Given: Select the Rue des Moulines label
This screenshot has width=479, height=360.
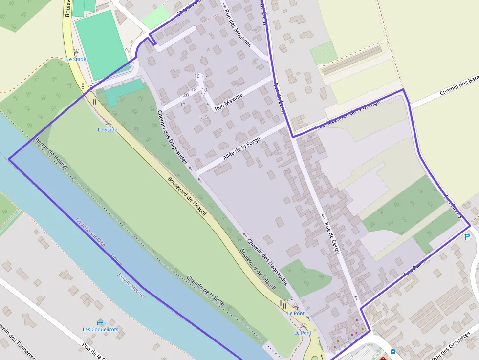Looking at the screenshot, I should pyautogui.click(x=238, y=28).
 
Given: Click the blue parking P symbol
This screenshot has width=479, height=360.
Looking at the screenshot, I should pyautogui.click(x=467, y=237).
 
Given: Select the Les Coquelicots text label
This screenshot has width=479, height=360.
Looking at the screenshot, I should pyautogui.click(x=100, y=329).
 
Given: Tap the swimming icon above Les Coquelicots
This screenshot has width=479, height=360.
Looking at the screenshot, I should pyautogui.click(x=101, y=322).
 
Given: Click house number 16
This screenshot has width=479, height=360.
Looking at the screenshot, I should pyautogui.click(x=197, y=76).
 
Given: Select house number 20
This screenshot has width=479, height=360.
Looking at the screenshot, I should pyautogui.click(x=186, y=95).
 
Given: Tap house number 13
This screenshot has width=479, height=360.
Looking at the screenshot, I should pyautogui.click(x=183, y=105).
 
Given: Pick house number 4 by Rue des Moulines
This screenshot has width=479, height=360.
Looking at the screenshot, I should pyautogui.click(x=267, y=64).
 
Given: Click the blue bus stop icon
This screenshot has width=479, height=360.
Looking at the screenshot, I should pyautogui.click(x=393, y=351).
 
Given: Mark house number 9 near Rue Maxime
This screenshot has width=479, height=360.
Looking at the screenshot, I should pyautogui.click(x=208, y=104).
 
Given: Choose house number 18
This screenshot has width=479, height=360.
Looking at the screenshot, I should pyautogui.click(x=194, y=89).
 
